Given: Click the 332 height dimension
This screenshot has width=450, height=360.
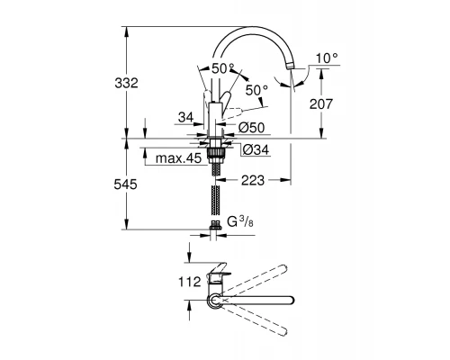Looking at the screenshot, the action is [126, 83].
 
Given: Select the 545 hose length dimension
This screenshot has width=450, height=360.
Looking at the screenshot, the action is [125, 184].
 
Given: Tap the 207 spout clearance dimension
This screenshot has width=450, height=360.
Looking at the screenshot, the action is [321, 104].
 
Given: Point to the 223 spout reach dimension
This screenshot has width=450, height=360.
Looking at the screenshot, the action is [253, 180].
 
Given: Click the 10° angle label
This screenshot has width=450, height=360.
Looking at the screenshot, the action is [327, 58].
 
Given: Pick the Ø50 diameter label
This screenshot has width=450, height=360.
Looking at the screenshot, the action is [252, 128].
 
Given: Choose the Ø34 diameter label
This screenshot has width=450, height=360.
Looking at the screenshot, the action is [256, 149].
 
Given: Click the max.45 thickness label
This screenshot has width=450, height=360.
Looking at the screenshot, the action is [178, 158].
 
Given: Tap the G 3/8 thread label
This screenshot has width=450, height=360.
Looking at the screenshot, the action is [240, 222].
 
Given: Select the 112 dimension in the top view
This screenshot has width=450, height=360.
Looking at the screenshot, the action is [190, 282].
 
